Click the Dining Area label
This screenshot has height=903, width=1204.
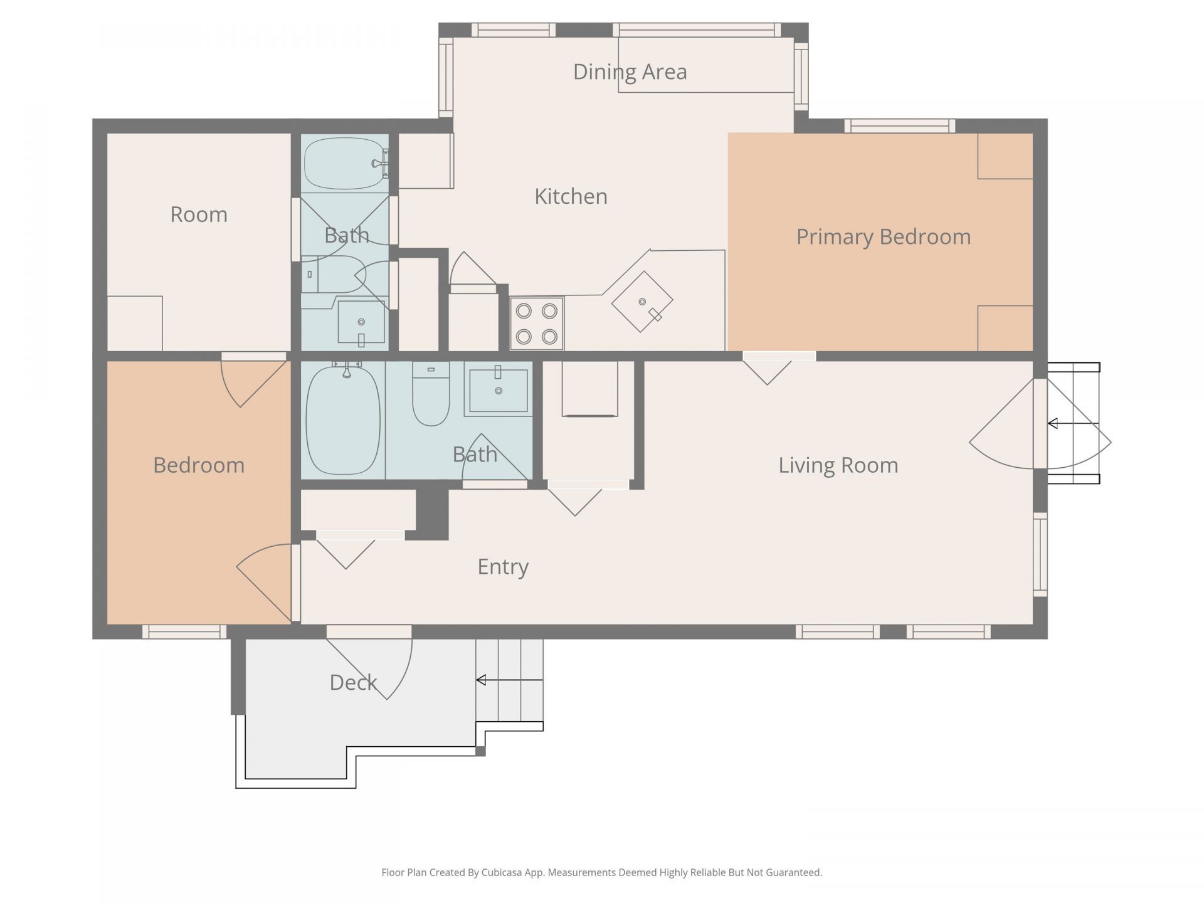[630, 71]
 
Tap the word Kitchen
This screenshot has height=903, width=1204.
[571, 196]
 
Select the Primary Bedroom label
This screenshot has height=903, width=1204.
[883, 236]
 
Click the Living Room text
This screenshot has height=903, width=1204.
[838, 465]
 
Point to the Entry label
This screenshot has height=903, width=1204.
[503, 566]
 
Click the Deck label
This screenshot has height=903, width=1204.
[353, 682]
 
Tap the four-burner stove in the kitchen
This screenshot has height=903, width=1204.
[537, 324]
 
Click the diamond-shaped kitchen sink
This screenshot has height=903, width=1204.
[642, 302]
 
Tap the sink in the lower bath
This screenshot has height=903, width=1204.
[499, 391]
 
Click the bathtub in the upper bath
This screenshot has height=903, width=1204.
[344, 163]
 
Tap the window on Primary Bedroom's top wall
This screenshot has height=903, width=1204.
[899, 126]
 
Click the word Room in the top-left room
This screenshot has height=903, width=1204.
[199, 214]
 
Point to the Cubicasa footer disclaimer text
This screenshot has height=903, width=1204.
[601, 872]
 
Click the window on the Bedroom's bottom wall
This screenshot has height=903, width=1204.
[184, 631]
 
